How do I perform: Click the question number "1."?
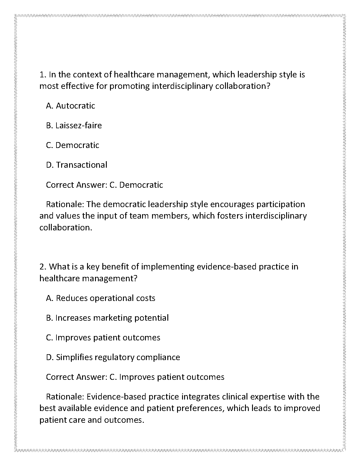[x=43, y=75]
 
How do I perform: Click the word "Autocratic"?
[x=76, y=106]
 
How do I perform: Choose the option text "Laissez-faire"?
[x=79, y=126]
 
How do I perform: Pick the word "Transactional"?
[x=82, y=165]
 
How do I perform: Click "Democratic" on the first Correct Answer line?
[x=141, y=185]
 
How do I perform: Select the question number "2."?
[x=43, y=267]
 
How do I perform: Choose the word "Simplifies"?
[x=74, y=357]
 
